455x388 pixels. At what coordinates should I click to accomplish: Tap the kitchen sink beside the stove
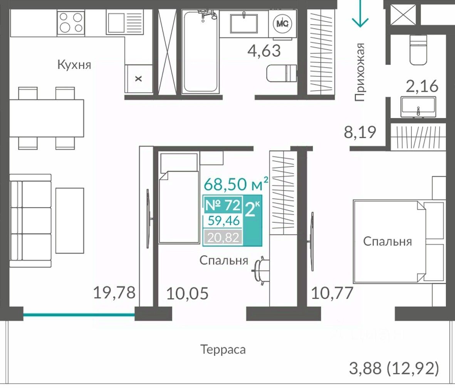tap(125, 22)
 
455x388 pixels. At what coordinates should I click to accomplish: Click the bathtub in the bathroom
tap(200, 51)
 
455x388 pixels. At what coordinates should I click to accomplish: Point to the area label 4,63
tap(264, 51)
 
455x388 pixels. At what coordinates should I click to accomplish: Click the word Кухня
tap(74, 64)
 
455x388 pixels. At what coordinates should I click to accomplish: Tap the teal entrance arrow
tap(360, 13)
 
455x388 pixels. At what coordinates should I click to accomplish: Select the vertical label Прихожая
tap(360, 72)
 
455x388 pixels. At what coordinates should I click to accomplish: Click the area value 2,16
tap(422, 86)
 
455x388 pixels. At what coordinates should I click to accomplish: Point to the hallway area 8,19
tap(360, 132)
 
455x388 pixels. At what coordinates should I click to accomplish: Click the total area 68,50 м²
tap(236, 184)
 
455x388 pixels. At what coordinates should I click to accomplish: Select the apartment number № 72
tap(223, 205)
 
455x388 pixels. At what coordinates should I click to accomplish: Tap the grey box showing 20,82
tap(223, 237)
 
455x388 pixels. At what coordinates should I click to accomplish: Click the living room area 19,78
tap(114, 292)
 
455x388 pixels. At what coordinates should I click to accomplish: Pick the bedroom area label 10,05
tap(188, 294)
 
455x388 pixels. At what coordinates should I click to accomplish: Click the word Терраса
tap(223, 349)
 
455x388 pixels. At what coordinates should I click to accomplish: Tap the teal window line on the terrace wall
tap(79, 314)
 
